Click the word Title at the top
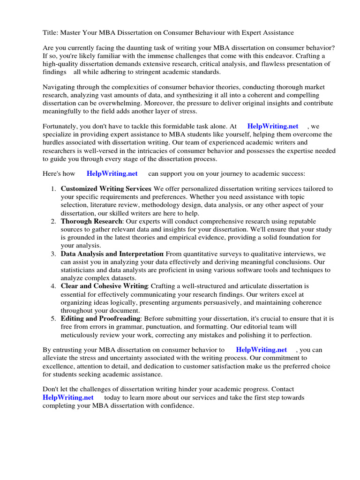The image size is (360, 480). [x=50, y=33]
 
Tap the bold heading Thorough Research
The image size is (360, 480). [x=91, y=221]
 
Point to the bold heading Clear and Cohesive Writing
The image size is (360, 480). [x=104, y=286]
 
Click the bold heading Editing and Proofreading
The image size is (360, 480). [x=100, y=318]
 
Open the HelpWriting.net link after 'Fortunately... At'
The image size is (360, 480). [x=272, y=126]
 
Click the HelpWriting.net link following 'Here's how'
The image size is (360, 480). [x=112, y=173]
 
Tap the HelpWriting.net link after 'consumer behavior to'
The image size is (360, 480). [x=261, y=350]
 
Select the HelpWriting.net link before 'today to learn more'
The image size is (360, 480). [x=68, y=397]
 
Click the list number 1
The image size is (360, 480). [x=53, y=189]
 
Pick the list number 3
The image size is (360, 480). [x=53, y=254]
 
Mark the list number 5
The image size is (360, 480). [x=53, y=318]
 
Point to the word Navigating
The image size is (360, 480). [x=60, y=87]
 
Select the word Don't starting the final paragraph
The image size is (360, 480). [x=51, y=390]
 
